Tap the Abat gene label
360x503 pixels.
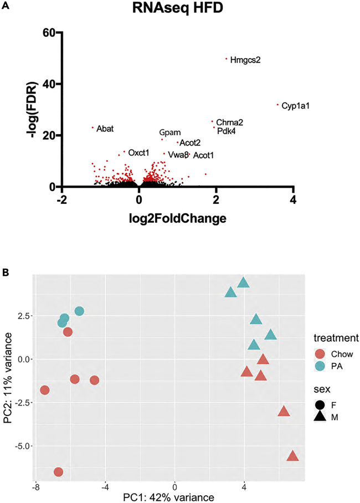point(105,129)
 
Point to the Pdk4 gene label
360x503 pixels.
point(227,131)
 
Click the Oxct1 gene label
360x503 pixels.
point(138,152)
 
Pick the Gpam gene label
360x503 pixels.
point(170,133)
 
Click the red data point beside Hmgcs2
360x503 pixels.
point(227,58)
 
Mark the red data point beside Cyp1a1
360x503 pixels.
point(278,104)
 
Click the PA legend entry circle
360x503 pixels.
point(320,366)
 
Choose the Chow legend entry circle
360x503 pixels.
point(320,353)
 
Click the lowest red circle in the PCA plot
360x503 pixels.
point(58,471)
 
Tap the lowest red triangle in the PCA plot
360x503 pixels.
point(292,456)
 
